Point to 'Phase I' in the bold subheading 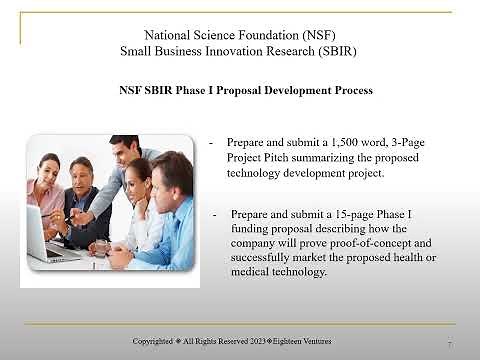(194, 90)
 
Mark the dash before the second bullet (214, 214)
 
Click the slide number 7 (450, 344)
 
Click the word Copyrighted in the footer (156, 341)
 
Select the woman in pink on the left (46, 195)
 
